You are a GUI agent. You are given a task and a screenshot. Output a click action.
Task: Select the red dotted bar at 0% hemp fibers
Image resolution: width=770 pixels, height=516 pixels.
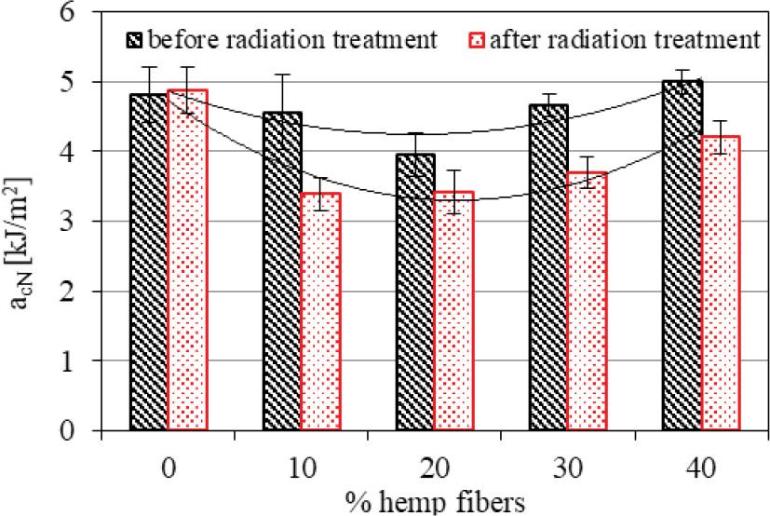tap(188, 261)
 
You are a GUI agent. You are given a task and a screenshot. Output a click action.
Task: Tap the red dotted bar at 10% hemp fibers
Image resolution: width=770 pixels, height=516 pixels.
tap(320, 312)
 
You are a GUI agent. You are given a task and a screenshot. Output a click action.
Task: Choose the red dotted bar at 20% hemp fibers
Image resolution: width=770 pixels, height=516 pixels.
tap(453, 311)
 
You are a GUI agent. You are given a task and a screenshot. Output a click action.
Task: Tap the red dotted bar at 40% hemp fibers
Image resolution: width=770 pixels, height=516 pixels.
tap(720, 283)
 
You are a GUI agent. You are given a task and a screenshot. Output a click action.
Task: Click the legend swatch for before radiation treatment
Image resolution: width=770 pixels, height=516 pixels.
tap(136, 40)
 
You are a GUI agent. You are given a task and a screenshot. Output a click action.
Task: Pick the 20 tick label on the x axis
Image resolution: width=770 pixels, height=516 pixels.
tap(434, 463)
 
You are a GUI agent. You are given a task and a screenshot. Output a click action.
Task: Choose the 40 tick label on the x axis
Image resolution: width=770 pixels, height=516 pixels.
tap(700, 463)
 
